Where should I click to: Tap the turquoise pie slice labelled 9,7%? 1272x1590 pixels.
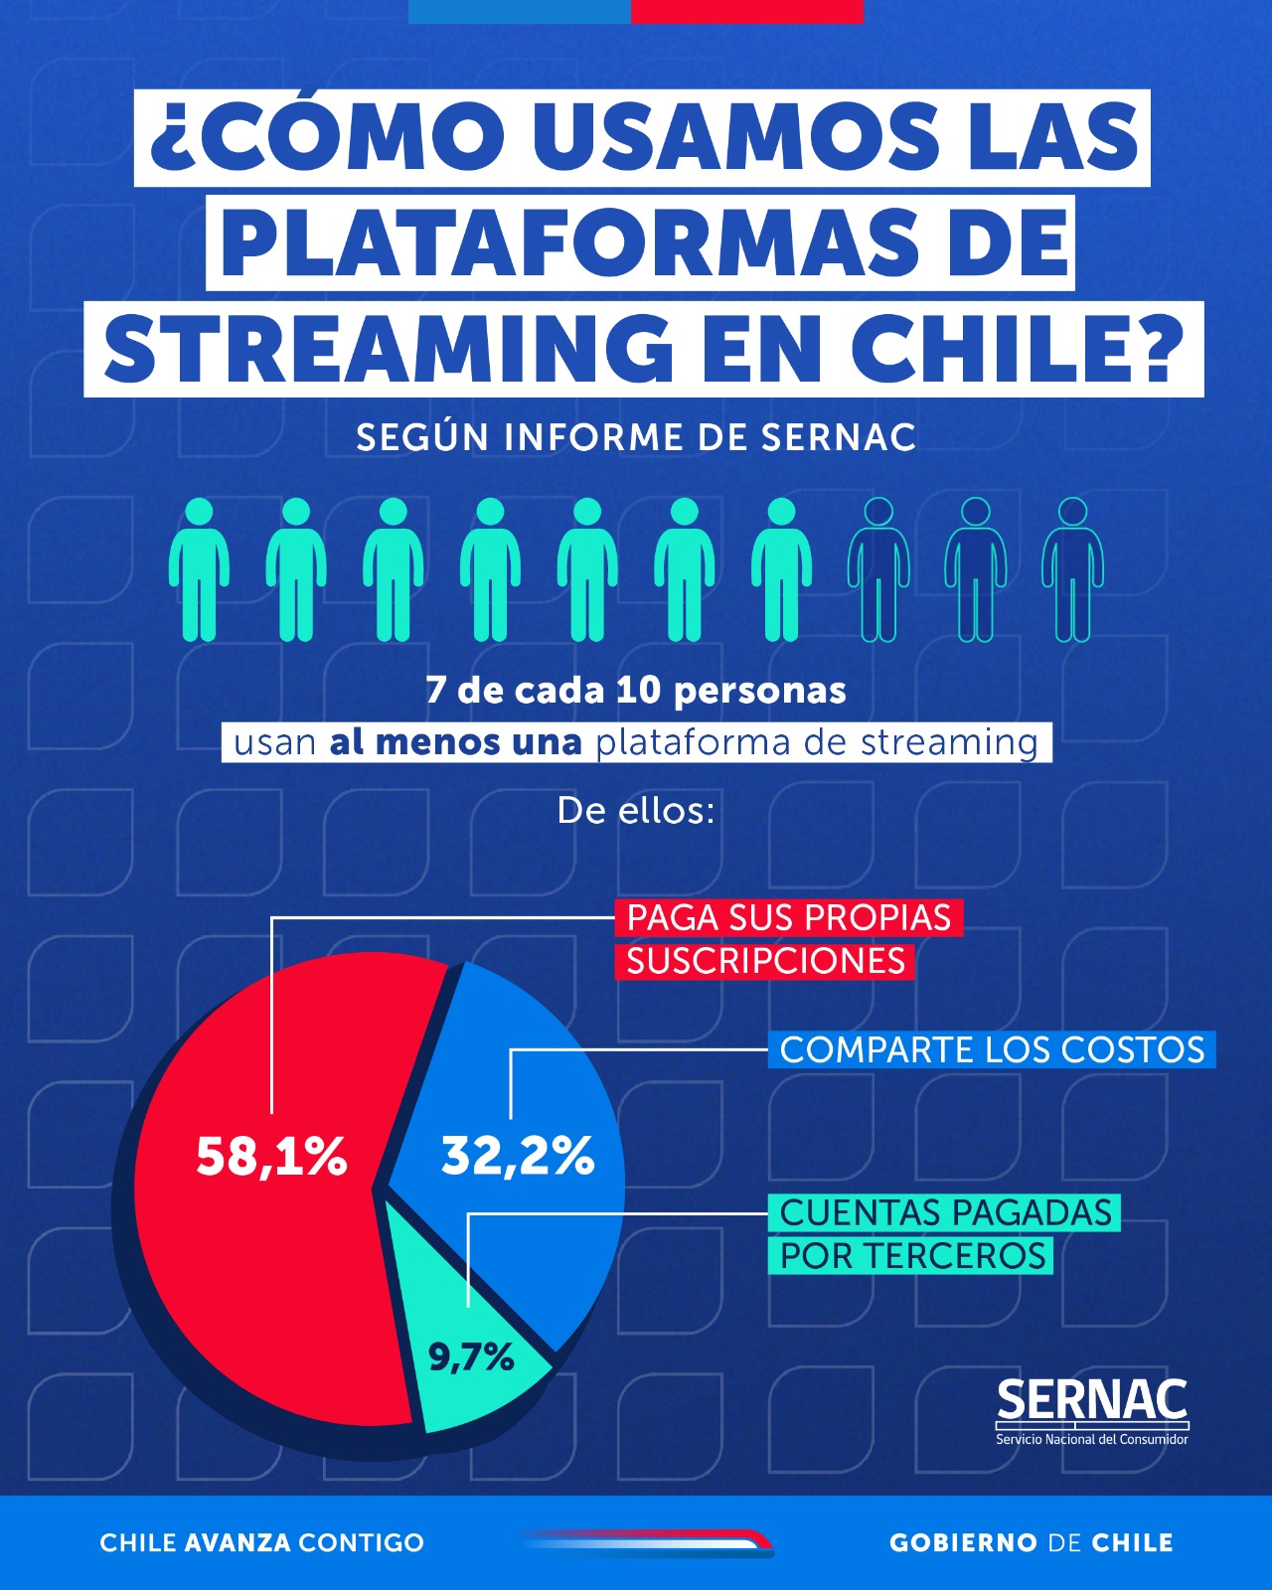tap(473, 1366)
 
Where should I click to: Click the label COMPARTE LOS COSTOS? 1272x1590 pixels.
tap(992, 1050)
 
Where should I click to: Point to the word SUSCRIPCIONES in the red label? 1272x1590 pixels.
tap(765, 961)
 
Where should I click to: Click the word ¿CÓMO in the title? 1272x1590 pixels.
tap(327, 137)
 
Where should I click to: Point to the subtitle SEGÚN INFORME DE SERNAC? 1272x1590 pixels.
tap(636, 437)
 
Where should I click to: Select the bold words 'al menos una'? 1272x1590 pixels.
tap(455, 742)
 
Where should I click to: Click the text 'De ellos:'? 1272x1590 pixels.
tap(636, 811)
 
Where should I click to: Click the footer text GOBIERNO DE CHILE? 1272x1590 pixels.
tap(1032, 1542)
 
